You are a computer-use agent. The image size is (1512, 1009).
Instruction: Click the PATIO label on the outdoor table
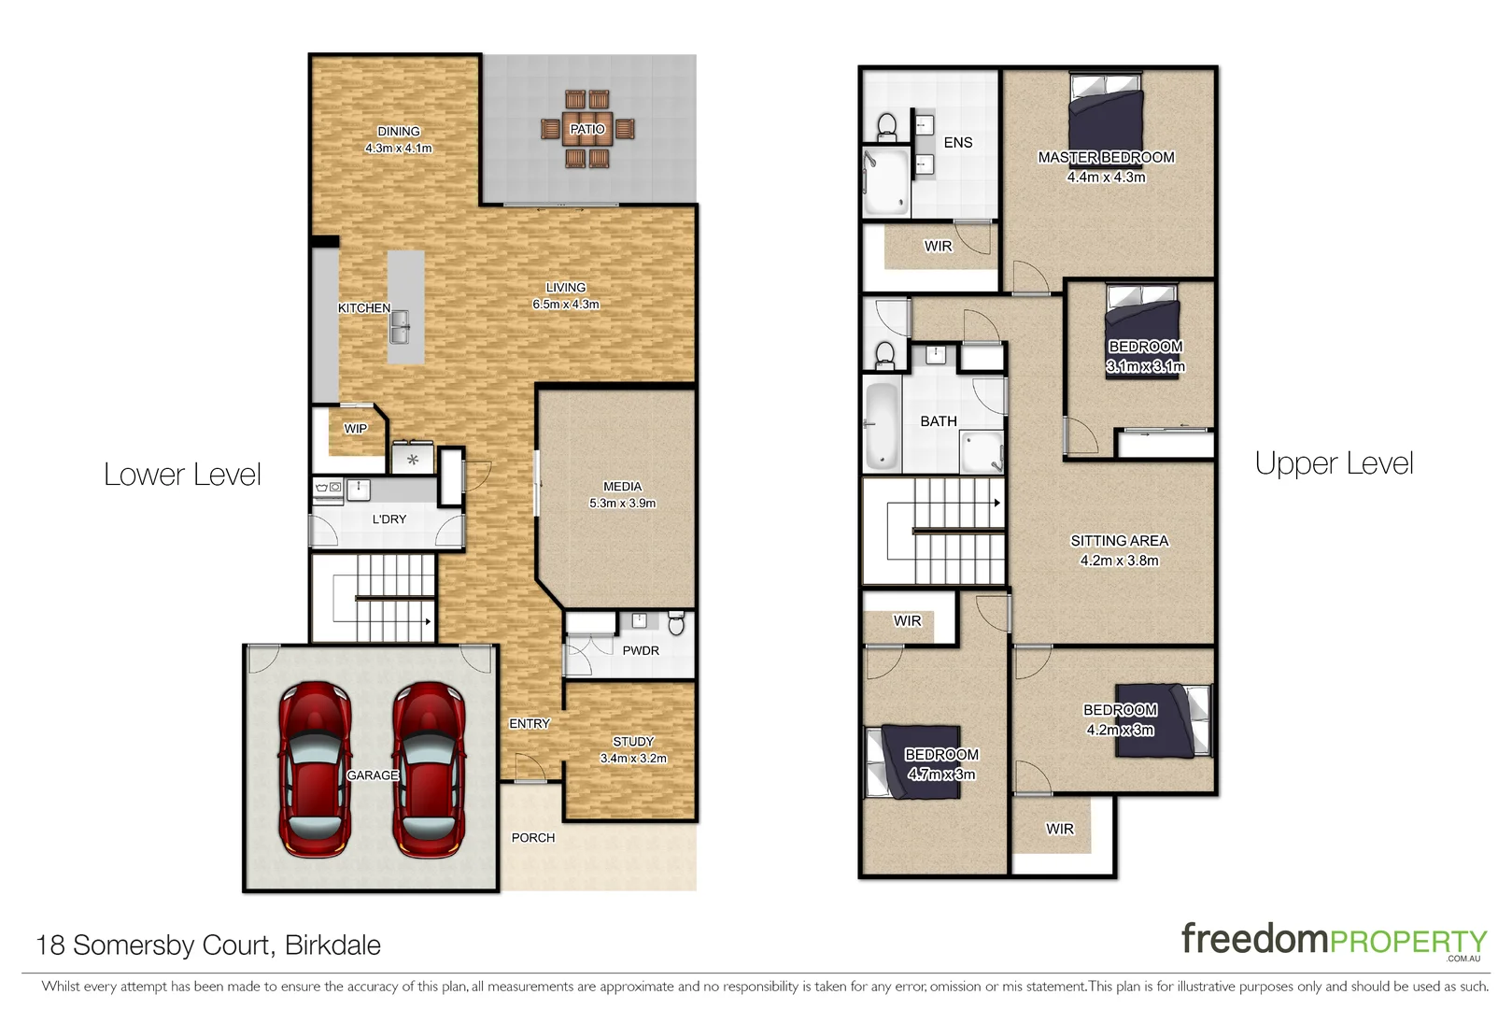pyautogui.click(x=586, y=129)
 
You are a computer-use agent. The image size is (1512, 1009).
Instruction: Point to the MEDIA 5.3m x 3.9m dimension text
pyautogui.click(x=622, y=503)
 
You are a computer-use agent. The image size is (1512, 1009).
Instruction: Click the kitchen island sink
pyautogui.click(x=400, y=327)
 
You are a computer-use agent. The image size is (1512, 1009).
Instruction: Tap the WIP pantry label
pyautogui.click(x=356, y=429)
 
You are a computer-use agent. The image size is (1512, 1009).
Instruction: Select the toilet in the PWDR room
pyautogui.click(x=677, y=623)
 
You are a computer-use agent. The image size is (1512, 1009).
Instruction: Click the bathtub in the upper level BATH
pyautogui.click(x=881, y=426)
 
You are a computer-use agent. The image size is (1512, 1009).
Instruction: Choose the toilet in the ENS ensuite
pyautogui.click(x=886, y=126)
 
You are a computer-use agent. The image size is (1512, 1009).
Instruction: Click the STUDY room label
pyautogui.click(x=633, y=741)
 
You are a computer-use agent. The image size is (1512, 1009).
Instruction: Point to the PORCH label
pyautogui.click(x=533, y=838)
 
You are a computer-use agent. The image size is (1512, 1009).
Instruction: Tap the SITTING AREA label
pyautogui.click(x=1119, y=541)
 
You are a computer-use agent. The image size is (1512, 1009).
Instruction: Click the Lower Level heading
pyautogui.click(x=182, y=474)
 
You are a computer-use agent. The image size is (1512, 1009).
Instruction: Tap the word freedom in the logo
pyautogui.click(x=1254, y=939)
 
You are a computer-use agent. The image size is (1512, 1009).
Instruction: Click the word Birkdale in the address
pyautogui.click(x=332, y=945)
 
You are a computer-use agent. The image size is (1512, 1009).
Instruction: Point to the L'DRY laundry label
pyautogui.click(x=389, y=519)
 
